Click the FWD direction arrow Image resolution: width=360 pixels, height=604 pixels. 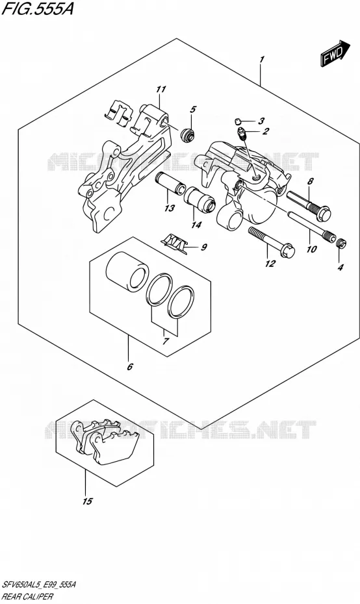coord(335,53)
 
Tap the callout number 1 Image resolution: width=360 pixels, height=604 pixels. coord(262,60)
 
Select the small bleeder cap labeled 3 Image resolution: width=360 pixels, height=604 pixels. coord(238,121)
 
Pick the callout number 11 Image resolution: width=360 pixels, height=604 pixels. coord(161,90)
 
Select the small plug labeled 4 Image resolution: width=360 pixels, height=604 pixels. coord(341,243)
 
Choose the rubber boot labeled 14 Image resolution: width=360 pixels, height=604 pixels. coord(199,199)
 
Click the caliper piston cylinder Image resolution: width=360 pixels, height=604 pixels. coord(127,271)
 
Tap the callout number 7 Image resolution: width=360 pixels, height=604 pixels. coord(165,341)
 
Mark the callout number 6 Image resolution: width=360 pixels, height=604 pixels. coord(130,366)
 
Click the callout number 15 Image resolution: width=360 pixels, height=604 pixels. coord(88,501)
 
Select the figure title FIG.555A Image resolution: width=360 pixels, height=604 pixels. coord(37,9)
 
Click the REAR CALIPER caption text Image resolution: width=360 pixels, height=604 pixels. coord(27,597)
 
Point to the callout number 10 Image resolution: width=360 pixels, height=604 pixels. coord(311,249)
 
